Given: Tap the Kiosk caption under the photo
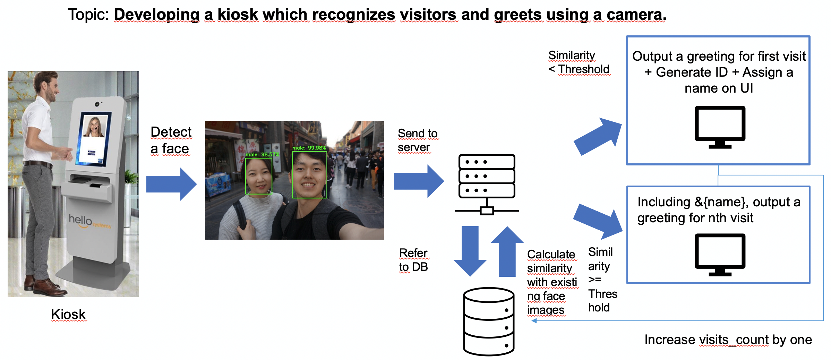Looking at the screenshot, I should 68,314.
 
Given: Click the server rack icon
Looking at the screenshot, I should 487,184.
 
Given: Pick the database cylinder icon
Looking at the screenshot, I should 489,322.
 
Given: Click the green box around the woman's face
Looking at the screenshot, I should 258,176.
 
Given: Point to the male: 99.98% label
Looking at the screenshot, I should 309,148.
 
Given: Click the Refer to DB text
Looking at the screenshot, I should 413,260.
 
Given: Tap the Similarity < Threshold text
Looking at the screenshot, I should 579,62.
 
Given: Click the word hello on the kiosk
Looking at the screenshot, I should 80,220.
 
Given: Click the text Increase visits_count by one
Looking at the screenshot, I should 728,340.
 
